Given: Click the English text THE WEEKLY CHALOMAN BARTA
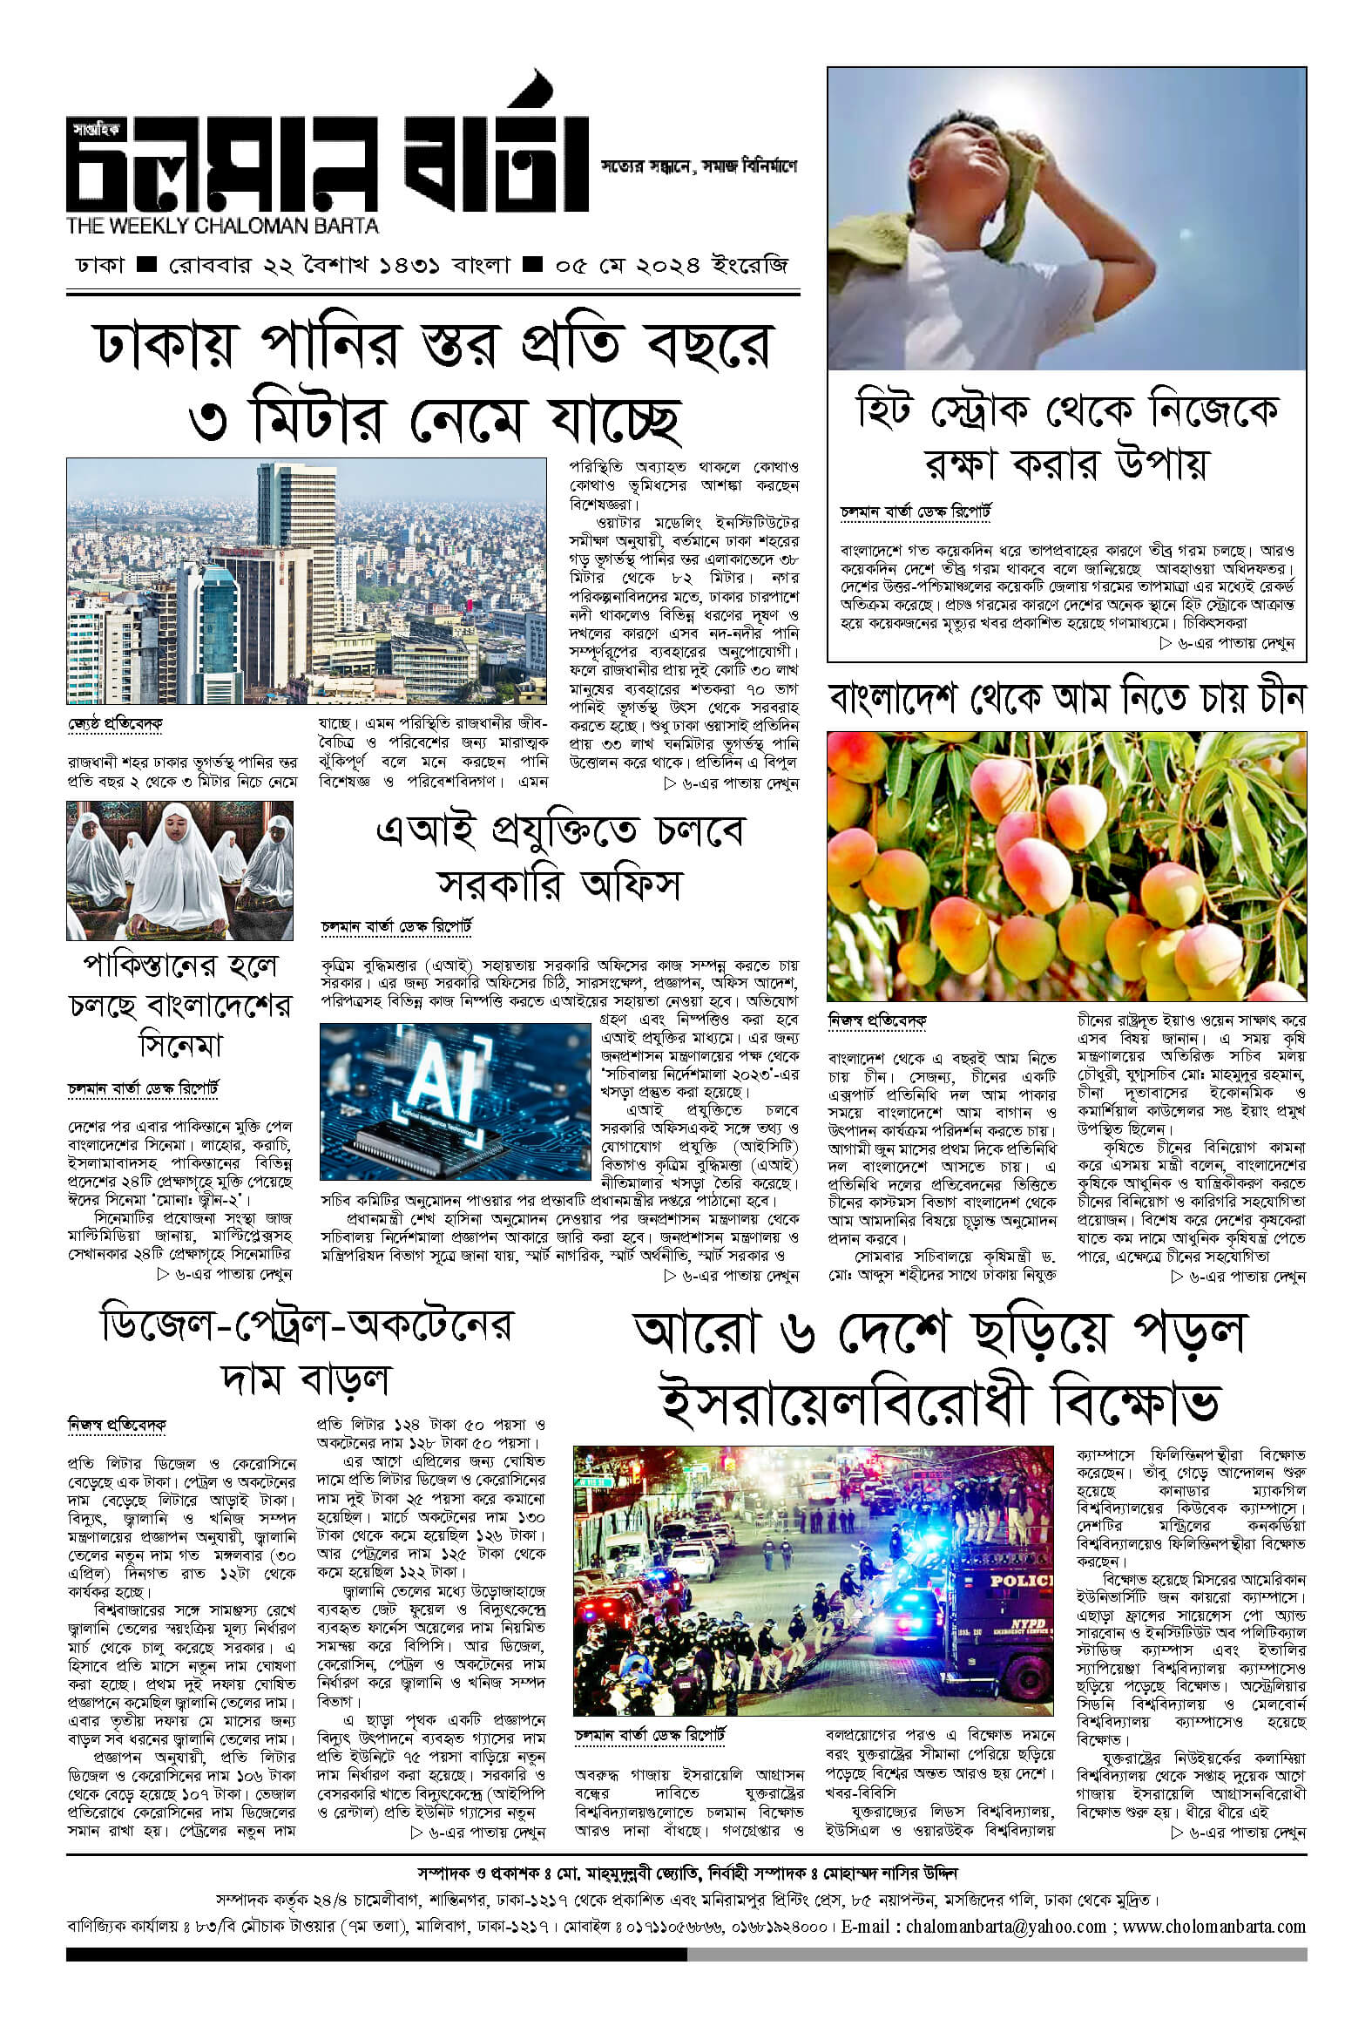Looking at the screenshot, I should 222,226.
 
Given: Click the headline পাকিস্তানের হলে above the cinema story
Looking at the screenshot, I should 180,965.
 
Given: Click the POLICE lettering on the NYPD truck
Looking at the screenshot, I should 1021,1581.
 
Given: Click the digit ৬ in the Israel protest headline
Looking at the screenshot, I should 797,1335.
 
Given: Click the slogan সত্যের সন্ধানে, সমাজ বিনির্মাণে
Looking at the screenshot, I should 699,165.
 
